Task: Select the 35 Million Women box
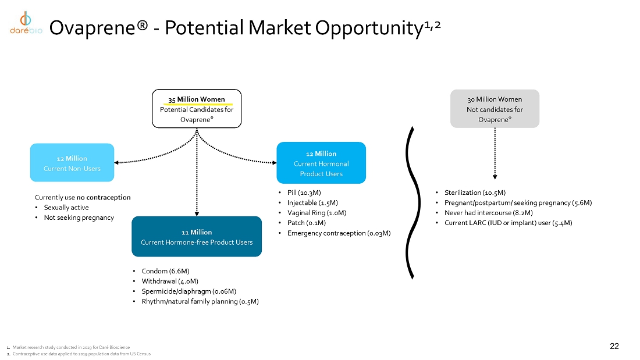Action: coord(197,109)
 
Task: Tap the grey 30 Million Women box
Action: coord(495,109)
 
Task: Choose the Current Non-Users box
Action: coord(72,163)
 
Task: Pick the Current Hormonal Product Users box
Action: coord(321,163)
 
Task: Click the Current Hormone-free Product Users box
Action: coord(197,236)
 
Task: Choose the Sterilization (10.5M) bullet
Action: coord(474,193)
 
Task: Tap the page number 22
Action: coord(614,347)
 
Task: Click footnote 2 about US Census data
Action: coord(81,354)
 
